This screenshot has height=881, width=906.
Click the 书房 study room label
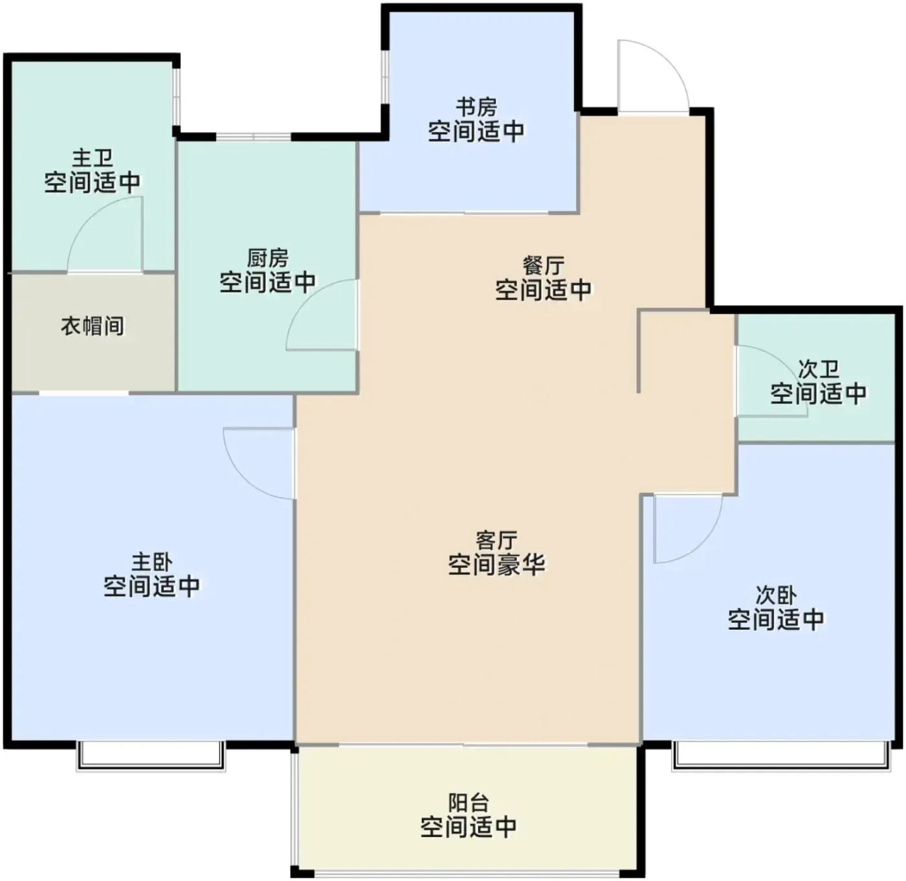tap(476, 108)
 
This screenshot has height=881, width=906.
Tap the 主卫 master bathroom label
tap(92, 158)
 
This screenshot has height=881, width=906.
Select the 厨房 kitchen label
tap(267, 258)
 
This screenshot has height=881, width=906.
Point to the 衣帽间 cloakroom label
tap(92, 326)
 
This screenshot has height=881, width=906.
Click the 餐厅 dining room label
tap(543, 266)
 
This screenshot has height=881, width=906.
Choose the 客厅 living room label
tap(496, 541)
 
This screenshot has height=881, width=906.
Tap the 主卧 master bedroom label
tap(152, 563)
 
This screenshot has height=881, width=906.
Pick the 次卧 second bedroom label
tap(776, 596)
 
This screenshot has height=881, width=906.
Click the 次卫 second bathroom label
tap(819, 370)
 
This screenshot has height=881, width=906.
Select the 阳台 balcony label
tap(469, 803)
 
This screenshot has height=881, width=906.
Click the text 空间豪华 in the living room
tap(496, 565)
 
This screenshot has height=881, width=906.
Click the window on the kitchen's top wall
tap(254, 137)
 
